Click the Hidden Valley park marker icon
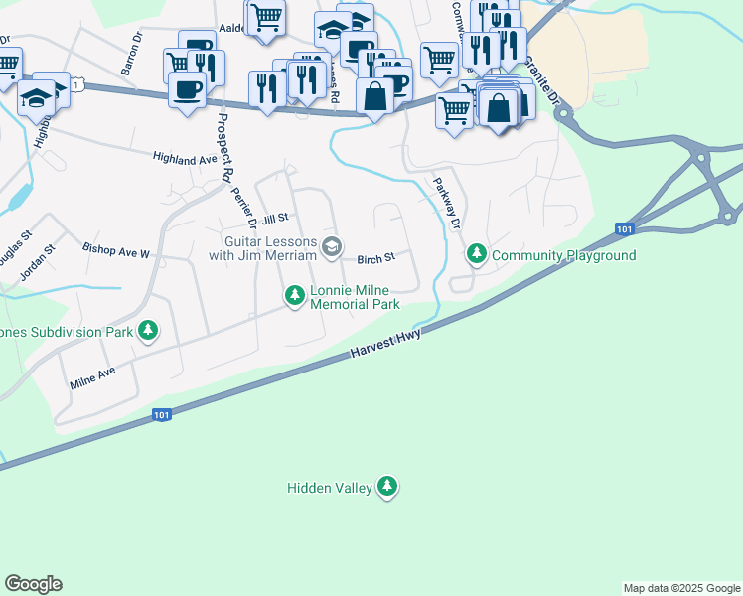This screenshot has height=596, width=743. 387,487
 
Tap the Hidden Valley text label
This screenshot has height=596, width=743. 329,488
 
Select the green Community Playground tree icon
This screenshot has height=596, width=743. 477,255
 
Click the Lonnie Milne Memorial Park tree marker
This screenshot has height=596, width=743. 294,295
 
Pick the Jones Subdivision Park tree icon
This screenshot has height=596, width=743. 148,330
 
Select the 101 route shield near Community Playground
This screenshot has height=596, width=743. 623,229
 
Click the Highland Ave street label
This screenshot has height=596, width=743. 184,158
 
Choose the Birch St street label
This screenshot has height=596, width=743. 376,257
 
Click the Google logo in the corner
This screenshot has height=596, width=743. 33,584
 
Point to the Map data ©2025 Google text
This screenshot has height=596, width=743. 681,588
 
